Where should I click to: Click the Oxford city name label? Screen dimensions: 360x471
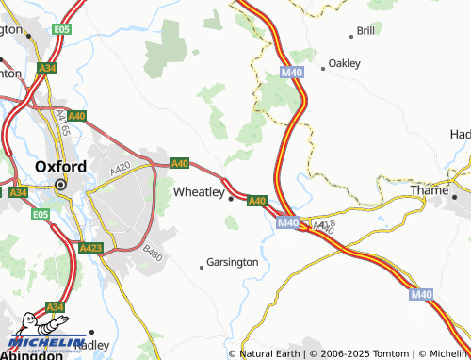60,167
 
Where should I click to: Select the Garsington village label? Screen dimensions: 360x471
232,262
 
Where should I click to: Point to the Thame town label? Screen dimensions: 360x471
429,190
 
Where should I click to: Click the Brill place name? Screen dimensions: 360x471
365,31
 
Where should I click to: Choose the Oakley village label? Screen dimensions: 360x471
344,65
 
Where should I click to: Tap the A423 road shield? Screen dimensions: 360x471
91,248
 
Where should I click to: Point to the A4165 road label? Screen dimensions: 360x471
62,119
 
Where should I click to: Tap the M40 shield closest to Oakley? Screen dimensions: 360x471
291,72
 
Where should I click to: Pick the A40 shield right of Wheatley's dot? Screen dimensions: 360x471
257,200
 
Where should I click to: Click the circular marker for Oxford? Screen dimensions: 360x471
61,185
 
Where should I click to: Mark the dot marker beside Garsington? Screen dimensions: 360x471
202,267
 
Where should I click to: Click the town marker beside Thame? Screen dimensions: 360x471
454,198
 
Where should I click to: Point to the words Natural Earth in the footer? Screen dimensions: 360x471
269,353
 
